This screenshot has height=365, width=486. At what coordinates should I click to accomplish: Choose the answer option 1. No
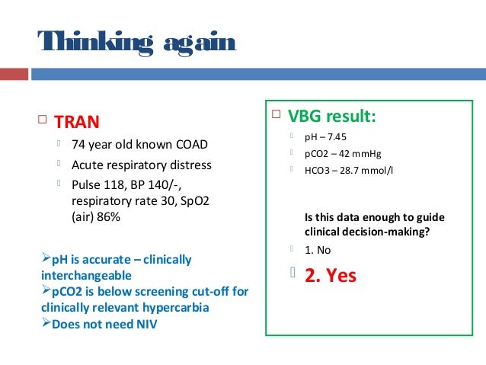pyautogui.click(x=318, y=249)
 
